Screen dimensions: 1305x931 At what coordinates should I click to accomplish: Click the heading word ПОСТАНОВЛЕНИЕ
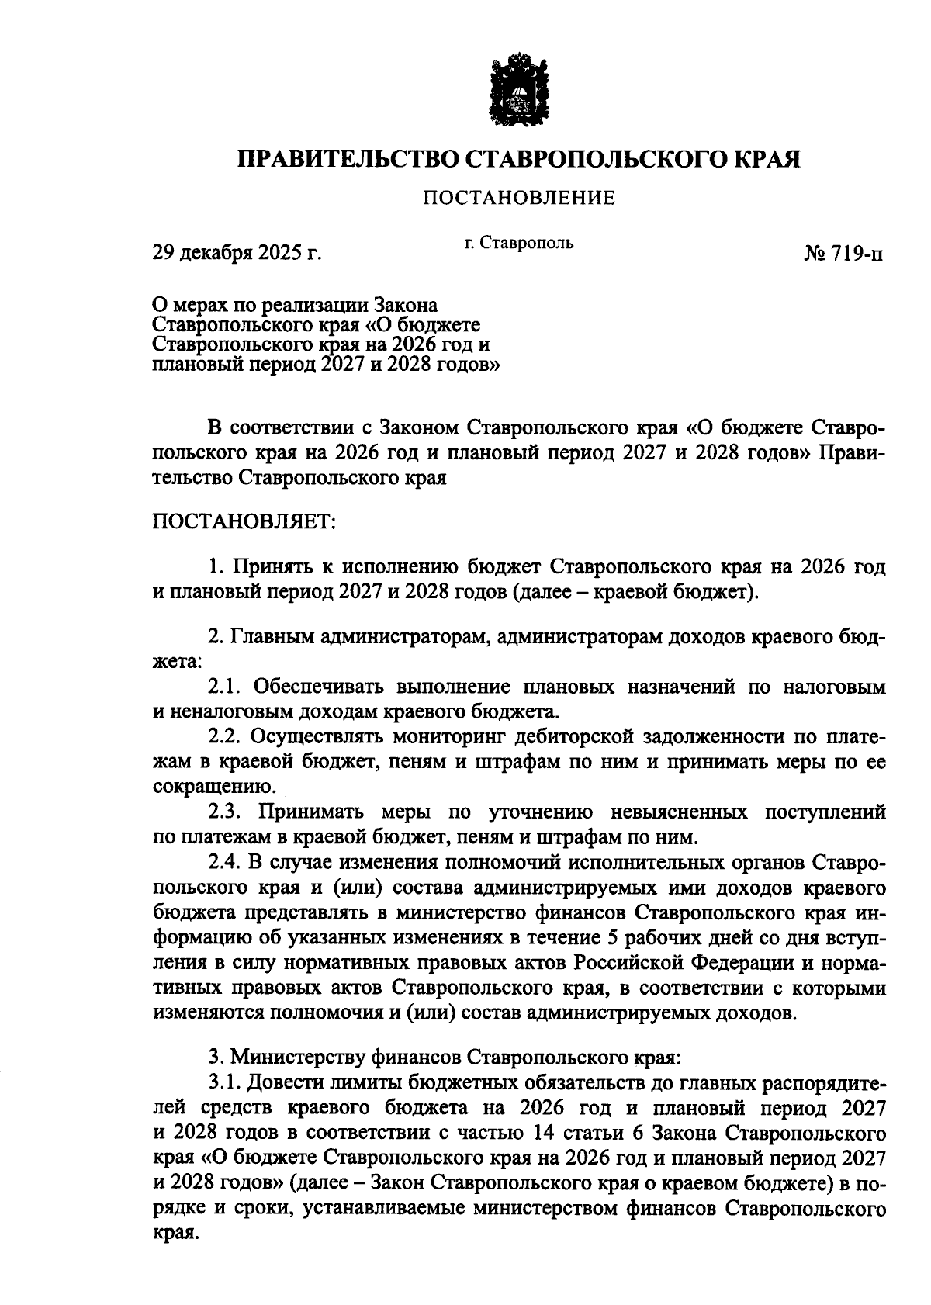pos(518,199)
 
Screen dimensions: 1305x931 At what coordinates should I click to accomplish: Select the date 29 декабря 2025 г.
pos(236,253)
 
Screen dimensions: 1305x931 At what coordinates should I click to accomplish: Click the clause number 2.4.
pos(225,862)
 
